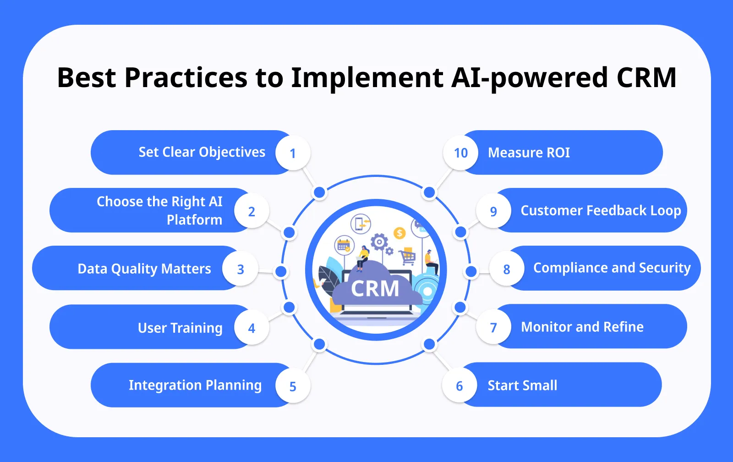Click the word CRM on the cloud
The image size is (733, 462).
pos(375,289)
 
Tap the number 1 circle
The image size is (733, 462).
pos(293,153)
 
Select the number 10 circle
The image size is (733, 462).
pos(460,153)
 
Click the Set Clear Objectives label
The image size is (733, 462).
pos(202,152)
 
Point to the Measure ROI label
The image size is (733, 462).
pos(529,153)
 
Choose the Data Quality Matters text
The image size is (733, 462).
pos(144,269)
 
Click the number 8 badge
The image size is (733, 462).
pos(506,269)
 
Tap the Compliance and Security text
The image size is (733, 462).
pos(612,268)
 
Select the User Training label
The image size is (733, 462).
pos(180,328)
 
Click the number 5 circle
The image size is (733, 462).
pos(293,387)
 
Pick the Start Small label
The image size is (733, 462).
pos(522,385)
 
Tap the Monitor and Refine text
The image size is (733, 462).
pos(582,327)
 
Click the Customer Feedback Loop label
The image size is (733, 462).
pos(600,210)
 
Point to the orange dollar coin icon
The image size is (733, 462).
pos(399,233)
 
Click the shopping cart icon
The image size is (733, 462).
pos(407,257)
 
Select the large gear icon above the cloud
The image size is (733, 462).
pos(379,242)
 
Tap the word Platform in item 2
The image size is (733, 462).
pos(194,220)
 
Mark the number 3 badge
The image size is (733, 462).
pos(241,269)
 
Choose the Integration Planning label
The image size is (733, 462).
pos(195,385)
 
